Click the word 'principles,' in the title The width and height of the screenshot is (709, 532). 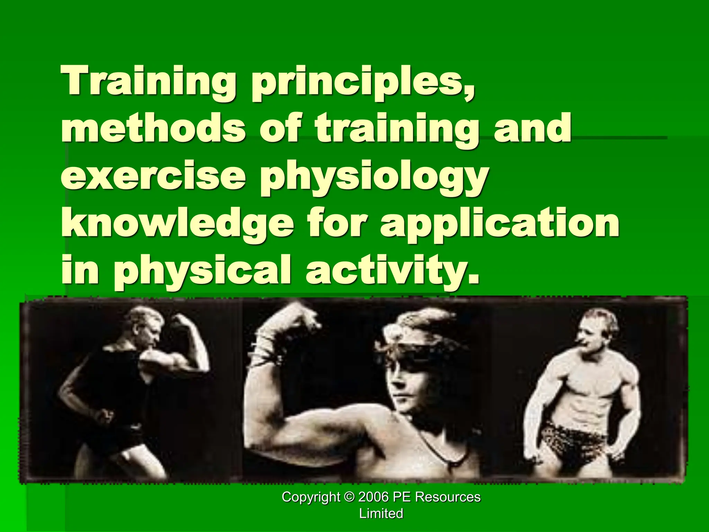(362, 84)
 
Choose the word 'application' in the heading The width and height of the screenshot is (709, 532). (500, 225)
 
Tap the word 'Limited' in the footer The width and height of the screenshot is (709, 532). (381, 513)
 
